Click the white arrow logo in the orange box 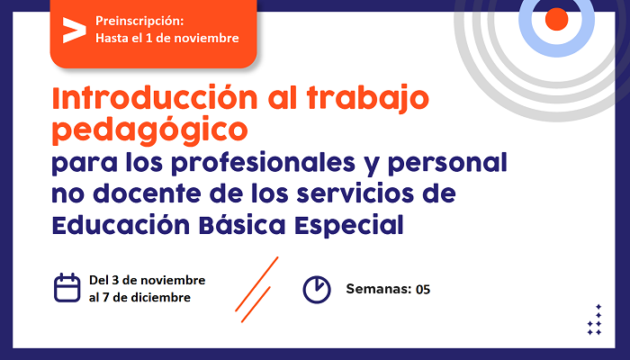(x=75, y=30)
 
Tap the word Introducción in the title (x=155, y=97)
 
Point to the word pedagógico (x=150, y=130)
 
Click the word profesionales (x=263, y=163)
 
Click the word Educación (x=121, y=225)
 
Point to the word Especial (x=349, y=226)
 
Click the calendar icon (x=67, y=288)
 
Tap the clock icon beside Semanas (x=317, y=289)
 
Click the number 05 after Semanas (x=423, y=289)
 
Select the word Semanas (x=379, y=289)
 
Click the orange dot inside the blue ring (x=556, y=19)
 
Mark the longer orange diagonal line (x=256, y=284)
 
